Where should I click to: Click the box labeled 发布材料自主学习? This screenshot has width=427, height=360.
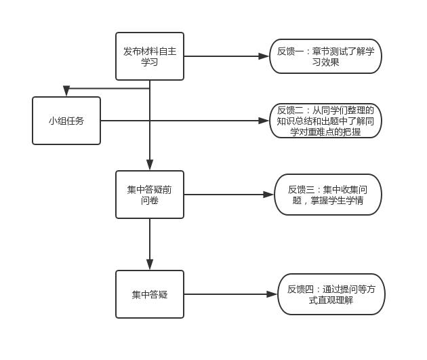[x=150, y=56]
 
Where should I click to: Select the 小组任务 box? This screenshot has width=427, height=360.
[x=66, y=121]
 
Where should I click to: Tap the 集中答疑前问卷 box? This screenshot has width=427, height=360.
[x=150, y=195]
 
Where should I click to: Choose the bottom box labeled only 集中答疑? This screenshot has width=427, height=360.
[x=150, y=294]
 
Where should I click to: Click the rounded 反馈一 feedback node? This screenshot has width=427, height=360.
[x=326, y=56]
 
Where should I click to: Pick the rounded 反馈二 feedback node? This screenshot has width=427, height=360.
[x=326, y=121]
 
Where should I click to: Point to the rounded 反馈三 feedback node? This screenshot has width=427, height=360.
[x=328, y=195]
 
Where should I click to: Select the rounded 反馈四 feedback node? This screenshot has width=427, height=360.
[x=331, y=294]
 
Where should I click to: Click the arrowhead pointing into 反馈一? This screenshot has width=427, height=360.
[x=264, y=56]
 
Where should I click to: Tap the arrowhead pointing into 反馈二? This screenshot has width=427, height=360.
[x=264, y=121]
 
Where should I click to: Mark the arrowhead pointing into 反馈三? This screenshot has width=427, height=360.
[x=268, y=195]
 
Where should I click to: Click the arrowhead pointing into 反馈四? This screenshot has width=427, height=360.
[x=272, y=294]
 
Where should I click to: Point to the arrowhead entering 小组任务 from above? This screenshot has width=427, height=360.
[x=66, y=92]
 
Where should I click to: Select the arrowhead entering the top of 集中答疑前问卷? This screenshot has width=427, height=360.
[x=150, y=165]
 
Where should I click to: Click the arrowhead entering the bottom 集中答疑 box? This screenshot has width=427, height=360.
[x=150, y=264]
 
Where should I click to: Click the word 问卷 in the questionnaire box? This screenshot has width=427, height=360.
[x=150, y=201]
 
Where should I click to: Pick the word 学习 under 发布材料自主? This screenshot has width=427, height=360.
[x=150, y=62]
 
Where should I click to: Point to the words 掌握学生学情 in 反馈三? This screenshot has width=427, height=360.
[x=337, y=201]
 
